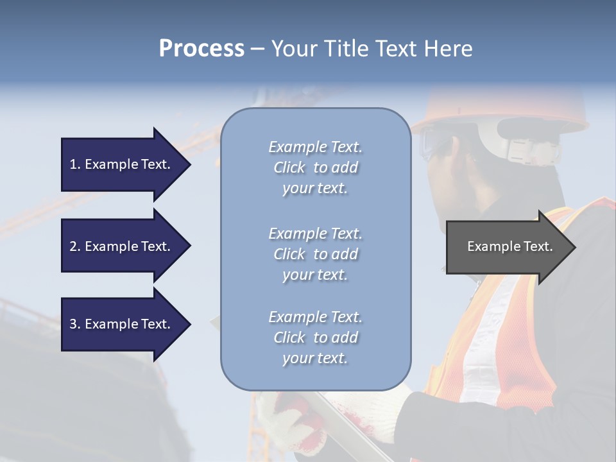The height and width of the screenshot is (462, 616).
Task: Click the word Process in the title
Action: (x=201, y=49)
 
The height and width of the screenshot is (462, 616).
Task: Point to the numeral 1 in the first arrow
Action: (x=73, y=164)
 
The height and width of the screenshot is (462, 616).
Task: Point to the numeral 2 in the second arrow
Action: (x=73, y=246)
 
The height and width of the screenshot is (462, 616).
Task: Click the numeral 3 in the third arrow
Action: (x=73, y=324)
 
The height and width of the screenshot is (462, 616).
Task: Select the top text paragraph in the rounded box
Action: (x=315, y=167)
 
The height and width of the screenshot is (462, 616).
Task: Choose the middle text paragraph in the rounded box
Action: (x=315, y=254)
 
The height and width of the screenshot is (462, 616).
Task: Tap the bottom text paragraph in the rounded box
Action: (x=315, y=338)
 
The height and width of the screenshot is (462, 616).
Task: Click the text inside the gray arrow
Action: (x=510, y=246)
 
